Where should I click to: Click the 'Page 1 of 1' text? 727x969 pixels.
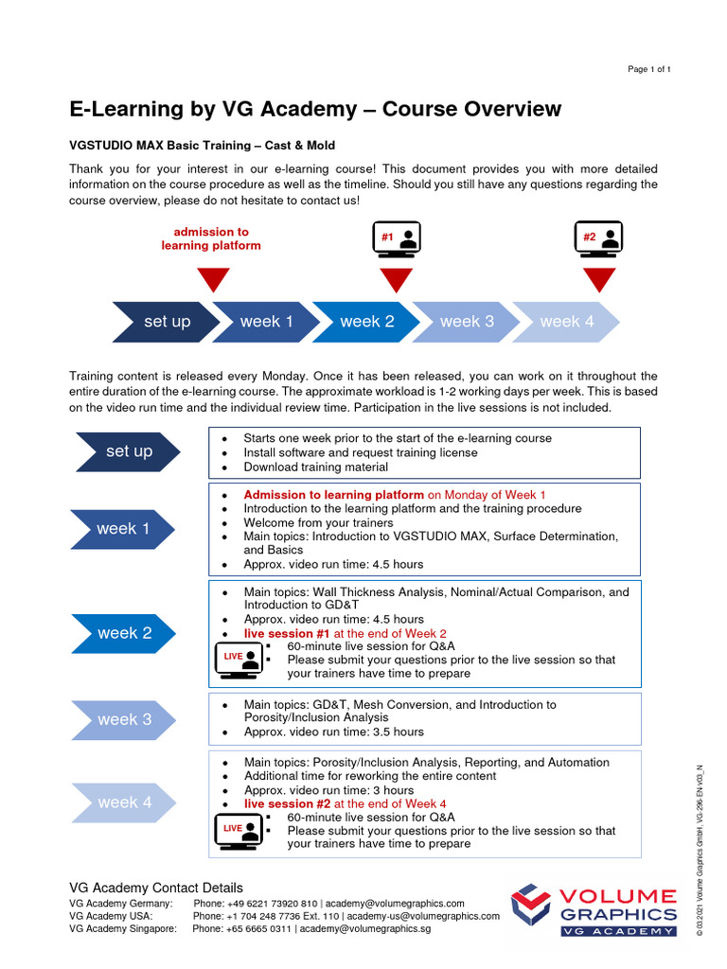[x=649, y=70]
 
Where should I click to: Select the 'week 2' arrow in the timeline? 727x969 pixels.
[x=365, y=322]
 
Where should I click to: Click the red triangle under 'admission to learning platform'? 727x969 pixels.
[x=213, y=279]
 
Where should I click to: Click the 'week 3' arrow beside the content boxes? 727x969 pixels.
[x=123, y=719]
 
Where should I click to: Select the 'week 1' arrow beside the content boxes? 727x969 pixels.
[x=123, y=529]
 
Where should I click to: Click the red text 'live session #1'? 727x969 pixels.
[x=285, y=633]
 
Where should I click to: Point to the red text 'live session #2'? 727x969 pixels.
[x=285, y=803]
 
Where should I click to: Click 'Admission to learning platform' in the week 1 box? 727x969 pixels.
[x=333, y=495]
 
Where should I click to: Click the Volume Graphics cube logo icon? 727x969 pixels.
[x=530, y=905]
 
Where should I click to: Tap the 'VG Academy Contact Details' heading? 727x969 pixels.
[x=156, y=888]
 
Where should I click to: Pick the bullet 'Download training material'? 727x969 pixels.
[x=315, y=467]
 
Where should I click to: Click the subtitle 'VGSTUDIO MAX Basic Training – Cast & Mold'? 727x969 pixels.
[x=203, y=146]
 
